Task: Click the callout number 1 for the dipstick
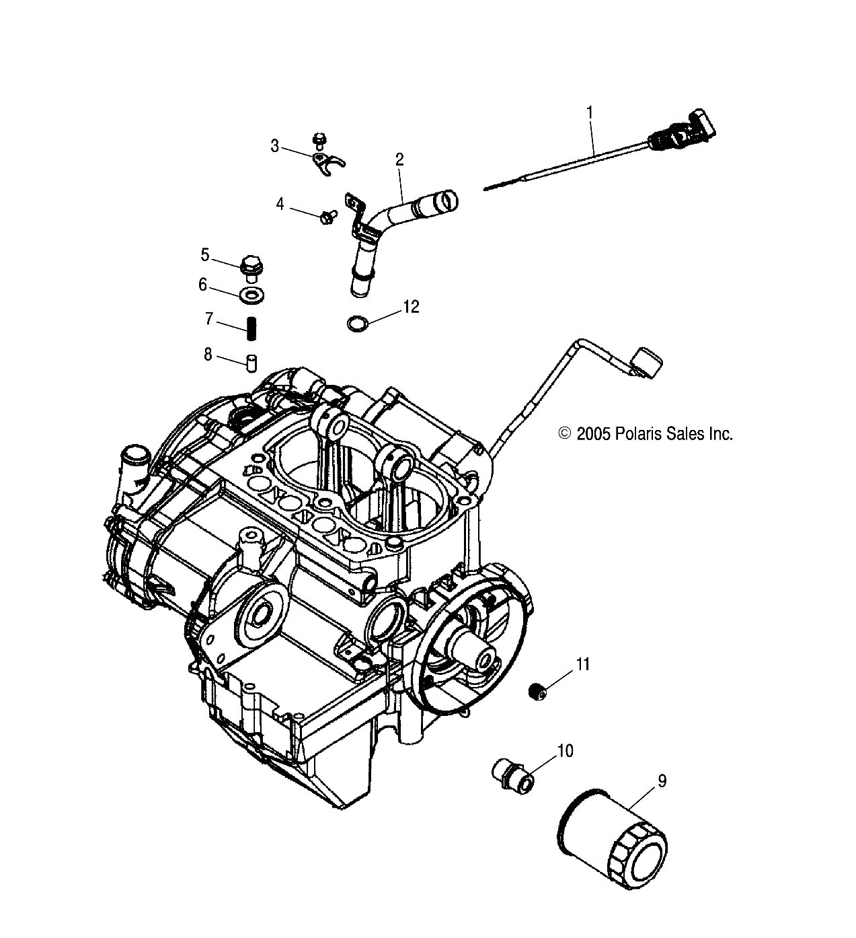click(590, 112)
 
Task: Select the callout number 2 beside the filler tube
click(399, 159)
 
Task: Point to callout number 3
click(274, 146)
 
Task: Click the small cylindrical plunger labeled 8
click(251, 363)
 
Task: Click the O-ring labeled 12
click(357, 324)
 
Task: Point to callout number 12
click(410, 307)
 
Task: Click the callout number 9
click(662, 781)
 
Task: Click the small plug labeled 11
click(537, 692)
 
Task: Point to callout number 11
click(582, 665)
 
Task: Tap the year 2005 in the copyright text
click(592, 434)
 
